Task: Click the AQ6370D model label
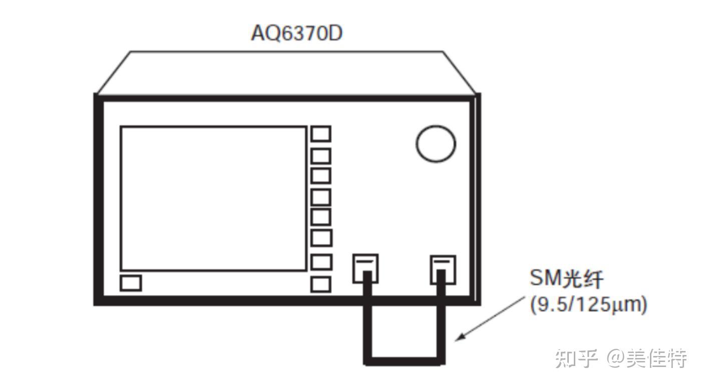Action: click(x=296, y=33)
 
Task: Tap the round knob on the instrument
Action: click(x=436, y=143)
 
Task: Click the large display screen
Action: click(x=213, y=198)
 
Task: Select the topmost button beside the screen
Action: click(x=321, y=134)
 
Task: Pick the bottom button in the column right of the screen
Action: click(x=321, y=284)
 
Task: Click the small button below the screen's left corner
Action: click(x=131, y=283)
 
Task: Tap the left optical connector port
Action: click(x=366, y=268)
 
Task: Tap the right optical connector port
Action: click(x=443, y=268)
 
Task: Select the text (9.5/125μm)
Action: click(x=588, y=304)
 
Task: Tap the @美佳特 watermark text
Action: click(x=646, y=358)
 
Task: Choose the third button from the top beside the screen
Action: click(x=321, y=176)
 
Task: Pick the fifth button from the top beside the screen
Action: click(x=321, y=217)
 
